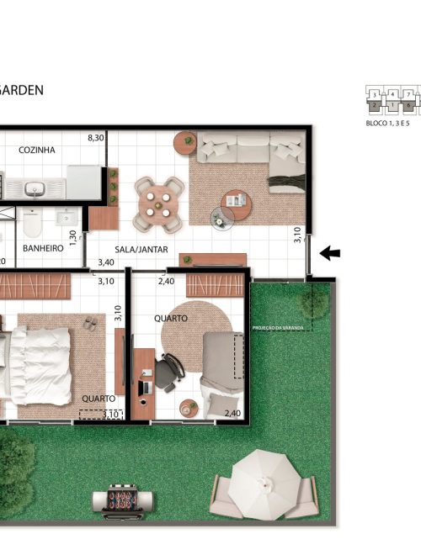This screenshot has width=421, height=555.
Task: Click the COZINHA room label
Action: pyautogui.click(x=37, y=150)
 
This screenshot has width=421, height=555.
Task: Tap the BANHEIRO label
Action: pyautogui.click(x=44, y=249)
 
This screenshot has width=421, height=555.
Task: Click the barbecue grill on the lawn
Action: pyautogui.click(x=123, y=502)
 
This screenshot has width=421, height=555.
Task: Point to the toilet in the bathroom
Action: pyautogui.click(x=32, y=223)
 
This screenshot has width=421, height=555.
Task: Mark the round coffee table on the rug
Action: pyautogui.click(x=236, y=200)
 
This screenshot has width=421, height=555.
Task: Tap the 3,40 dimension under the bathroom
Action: pyautogui.click(x=106, y=262)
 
